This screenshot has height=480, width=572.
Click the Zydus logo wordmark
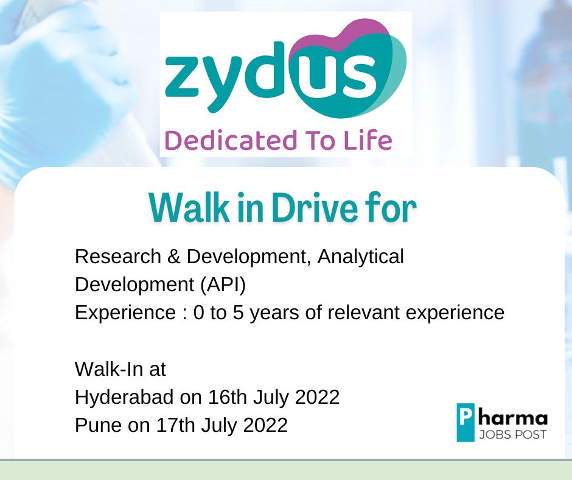(x=285, y=69)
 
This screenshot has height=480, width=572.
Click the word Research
(x=118, y=256)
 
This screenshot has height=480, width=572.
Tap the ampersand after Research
(x=174, y=256)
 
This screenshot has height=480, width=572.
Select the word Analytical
(x=360, y=256)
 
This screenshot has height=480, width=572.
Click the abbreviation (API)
(x=223, y=285)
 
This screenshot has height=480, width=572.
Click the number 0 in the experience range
(x=199, y=313)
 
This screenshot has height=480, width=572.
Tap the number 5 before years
(x=238, y=313)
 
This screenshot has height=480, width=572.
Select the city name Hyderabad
(x=124, y=397)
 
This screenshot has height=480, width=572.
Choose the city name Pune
(x=99, y=425)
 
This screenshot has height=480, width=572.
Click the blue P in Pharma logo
(x=466, y=422)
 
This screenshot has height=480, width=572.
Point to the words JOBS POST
(x=512, y=435)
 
